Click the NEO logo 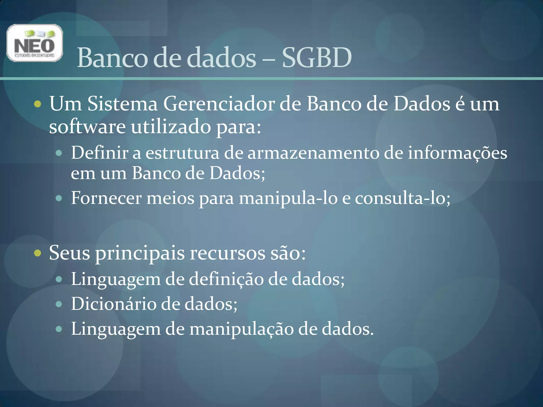tap(35, 43)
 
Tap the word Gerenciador tap(219, 104)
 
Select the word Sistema tap(122, 104)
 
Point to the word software tap(87, 127)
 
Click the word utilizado tap(171, 127)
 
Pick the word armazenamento tap(313, 153)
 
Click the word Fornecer tap(106, 198)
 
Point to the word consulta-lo tap(402, 198)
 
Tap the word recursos tap(227, 253)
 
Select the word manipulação tap(241, 329)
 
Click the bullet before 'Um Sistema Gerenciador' tap(38, 104)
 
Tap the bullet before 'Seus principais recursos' tap(38, 253)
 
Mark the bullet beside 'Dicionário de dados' tap(59, 304)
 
